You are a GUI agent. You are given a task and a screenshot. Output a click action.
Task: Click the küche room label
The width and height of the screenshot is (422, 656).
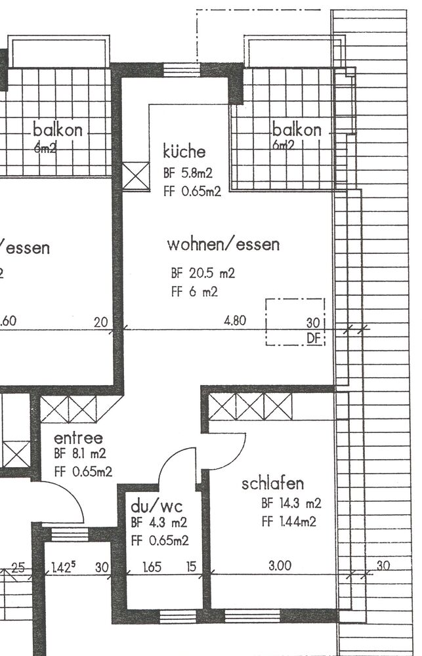184,151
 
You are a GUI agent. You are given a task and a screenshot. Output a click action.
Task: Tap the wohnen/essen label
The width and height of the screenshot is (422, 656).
223,244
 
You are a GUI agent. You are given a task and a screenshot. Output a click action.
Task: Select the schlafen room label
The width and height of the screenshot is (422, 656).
272,483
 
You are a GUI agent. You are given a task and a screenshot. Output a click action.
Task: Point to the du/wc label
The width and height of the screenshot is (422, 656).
157,506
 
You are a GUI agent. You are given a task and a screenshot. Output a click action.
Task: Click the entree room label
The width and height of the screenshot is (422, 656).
78,438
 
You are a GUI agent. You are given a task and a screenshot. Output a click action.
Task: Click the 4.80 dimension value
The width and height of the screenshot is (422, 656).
235,321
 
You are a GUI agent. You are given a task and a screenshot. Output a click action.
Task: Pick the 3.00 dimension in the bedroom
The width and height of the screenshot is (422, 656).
280,565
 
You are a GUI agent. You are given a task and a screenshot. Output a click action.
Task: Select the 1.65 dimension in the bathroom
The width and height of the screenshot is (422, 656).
152,567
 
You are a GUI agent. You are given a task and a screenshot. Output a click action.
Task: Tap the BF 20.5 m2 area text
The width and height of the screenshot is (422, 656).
203,273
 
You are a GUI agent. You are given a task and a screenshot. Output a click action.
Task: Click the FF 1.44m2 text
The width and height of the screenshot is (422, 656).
289,522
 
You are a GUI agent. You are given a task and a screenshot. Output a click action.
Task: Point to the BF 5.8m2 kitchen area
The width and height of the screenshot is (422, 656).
188,173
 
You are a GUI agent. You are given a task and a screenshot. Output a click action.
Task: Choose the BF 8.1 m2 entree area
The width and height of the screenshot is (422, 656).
80,453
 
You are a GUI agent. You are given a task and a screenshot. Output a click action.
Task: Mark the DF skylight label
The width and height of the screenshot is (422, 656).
314,338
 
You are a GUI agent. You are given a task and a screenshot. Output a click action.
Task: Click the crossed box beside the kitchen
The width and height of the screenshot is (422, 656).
136,176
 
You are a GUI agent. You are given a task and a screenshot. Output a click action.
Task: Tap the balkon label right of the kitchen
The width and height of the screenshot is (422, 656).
297,130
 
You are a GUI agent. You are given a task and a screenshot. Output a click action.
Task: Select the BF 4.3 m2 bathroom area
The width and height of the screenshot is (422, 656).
159,523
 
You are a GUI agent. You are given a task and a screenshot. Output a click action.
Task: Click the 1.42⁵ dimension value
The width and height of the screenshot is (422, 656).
64,567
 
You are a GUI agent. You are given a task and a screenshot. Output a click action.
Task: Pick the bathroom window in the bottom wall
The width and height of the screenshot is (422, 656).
178,616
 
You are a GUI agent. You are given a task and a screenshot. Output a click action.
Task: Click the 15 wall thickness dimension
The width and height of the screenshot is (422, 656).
191,567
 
